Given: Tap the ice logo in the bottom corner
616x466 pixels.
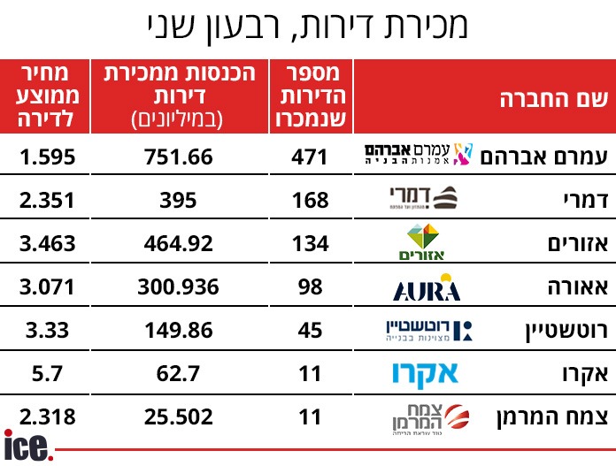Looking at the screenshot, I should point(28,446).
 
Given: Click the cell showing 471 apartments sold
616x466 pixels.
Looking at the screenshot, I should point(310,157).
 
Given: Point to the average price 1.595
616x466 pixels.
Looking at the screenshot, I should point(46,157).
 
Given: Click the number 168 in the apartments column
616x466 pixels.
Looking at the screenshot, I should point(310,200).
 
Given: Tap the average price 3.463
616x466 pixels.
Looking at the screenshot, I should point(46,242).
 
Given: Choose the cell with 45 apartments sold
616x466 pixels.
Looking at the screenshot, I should point(310,330).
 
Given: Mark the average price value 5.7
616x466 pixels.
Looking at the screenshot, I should point(46,372).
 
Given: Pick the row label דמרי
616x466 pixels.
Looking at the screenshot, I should point(585,200).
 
